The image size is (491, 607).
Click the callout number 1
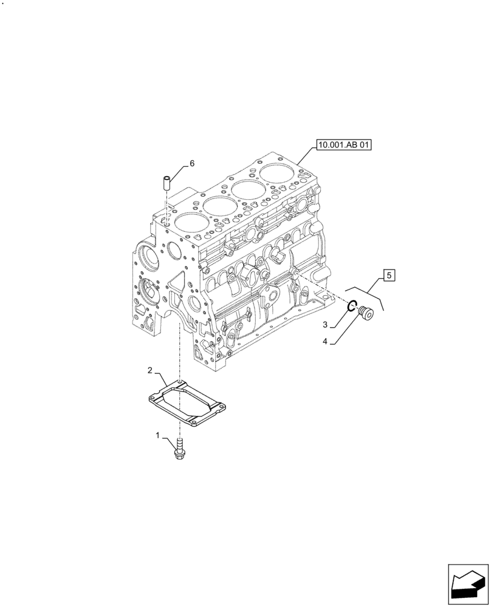coord(159,435)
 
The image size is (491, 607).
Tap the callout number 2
coord(149,370)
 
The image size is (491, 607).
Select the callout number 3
coord(325,325)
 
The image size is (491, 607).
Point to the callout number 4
coord(325,342)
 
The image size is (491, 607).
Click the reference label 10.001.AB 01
coord(343,145)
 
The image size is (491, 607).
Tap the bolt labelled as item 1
coord(179,450)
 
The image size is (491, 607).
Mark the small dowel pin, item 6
coord(165,182)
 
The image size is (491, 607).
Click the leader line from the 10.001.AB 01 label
coord(307,155)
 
